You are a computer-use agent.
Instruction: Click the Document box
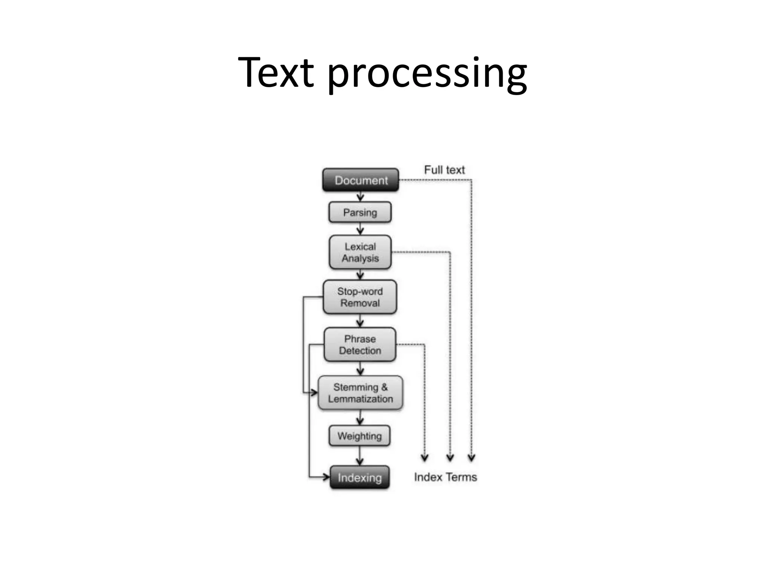click(x=361, y=180)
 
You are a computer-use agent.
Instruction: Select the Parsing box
click(x=360, y=212)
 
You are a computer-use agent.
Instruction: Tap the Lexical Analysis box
click(x=360, y=252)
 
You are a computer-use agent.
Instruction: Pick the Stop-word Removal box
click(x=360, y=297)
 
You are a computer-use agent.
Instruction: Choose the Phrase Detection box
click(x=360, y=344)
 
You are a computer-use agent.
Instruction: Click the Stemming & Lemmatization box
click(x=360, y=393)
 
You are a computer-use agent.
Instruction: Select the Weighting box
click(x=359, y=436)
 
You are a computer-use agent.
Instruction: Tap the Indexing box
click(x=359, y=477)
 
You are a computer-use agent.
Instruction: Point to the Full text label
click(x=444, y=170)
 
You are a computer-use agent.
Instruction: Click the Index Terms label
click(x=445, y=477)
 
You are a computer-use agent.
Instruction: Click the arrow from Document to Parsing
click(x=360, y=197)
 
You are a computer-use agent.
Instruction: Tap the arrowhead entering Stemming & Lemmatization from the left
click(x=314, y=393)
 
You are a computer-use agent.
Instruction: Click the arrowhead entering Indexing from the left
click(x=326, y=477)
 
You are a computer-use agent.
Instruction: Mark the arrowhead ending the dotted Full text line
click(x=472, y=457)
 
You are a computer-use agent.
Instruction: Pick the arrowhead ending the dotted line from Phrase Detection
click(x=425, y=457)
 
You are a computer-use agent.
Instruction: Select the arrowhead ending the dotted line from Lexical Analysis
click(x=450, y=457)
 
